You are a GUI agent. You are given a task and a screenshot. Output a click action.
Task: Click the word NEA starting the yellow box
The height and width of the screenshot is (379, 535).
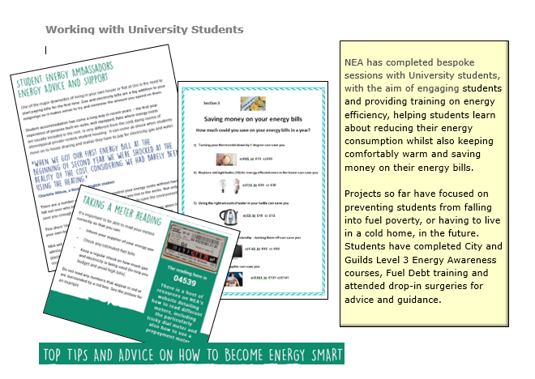pos(354,62)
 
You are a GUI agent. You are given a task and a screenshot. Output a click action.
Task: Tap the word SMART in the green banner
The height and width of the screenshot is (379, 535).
pos(324,355)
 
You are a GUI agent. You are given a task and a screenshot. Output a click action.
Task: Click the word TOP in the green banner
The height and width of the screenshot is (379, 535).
pos(53,355)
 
